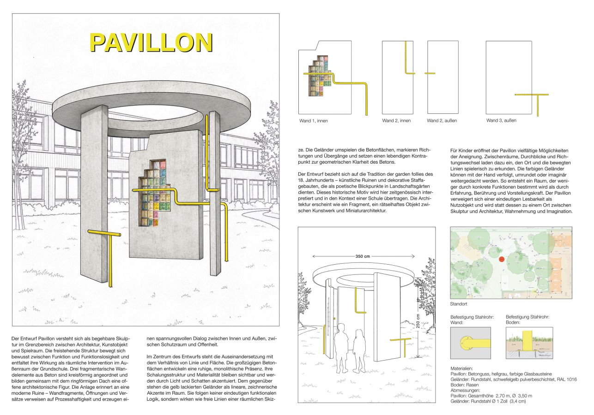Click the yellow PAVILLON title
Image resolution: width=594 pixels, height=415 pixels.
151,43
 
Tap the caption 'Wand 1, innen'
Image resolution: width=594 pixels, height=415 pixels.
314,121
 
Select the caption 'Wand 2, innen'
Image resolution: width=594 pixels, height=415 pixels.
396,121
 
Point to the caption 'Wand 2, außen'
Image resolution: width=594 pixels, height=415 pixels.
442,121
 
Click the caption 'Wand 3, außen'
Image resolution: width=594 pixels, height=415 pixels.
501,120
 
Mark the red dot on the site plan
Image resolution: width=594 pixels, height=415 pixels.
502,259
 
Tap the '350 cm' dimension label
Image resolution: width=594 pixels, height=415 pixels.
363,256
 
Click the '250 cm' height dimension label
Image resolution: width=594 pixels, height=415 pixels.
418,321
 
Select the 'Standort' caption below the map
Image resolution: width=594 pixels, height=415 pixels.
459,304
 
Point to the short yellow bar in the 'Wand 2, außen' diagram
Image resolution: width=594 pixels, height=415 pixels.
430,73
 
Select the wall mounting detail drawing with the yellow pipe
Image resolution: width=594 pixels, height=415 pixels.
470,343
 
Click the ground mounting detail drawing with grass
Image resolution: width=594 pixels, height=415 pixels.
529,343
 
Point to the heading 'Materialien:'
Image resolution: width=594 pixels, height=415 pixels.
461,368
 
